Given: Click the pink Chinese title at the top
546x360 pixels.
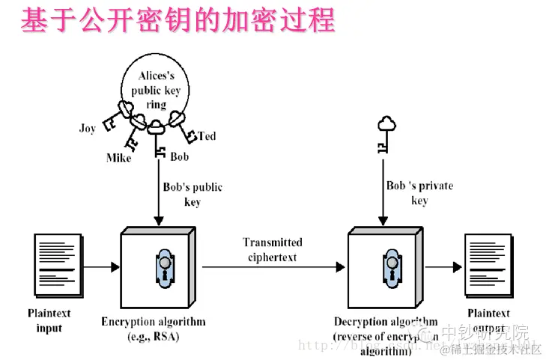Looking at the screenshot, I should pyautogui.click(x=178, y=20).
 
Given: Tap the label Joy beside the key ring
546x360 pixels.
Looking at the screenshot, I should pyautogui.click(x=88, y=128).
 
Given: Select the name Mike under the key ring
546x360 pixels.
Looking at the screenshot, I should pyautogui.click(x=118, y=158).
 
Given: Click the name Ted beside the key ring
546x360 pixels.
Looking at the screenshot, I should pyautogui.click(x=207, y=135).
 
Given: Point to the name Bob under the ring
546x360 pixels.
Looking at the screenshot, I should pyautogui.click(x=180, y=157).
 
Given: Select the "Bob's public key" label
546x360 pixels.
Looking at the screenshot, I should pyautogui.click(x=192, y=195).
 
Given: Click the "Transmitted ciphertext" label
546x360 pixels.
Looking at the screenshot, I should pyautogui.click(x=272, y=249).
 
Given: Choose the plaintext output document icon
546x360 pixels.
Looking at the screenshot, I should pyautogui.click(x=488, y=266).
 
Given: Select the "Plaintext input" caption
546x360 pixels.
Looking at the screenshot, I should pyautogui.click(x=49, y=321).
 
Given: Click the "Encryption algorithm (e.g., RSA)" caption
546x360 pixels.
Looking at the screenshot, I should pyautogui.click(x=153, y=328).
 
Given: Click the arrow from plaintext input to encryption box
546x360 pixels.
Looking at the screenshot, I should pyautogui.click(x=101, y=266).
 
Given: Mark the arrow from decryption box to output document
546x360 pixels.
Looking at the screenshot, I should pyautogui.click(x=446, y=266).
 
